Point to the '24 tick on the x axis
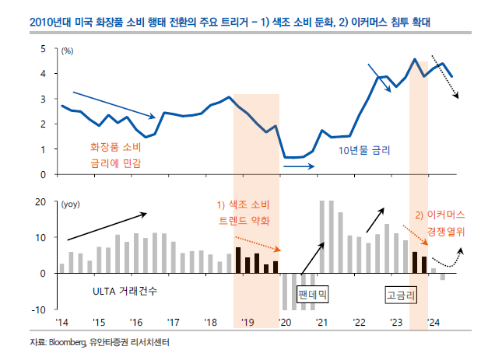pos(434,323)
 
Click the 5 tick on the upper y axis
pos(44,49)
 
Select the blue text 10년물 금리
pos(363,147)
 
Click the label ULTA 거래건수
pos(124,292)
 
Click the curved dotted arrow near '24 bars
pos(450,259)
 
